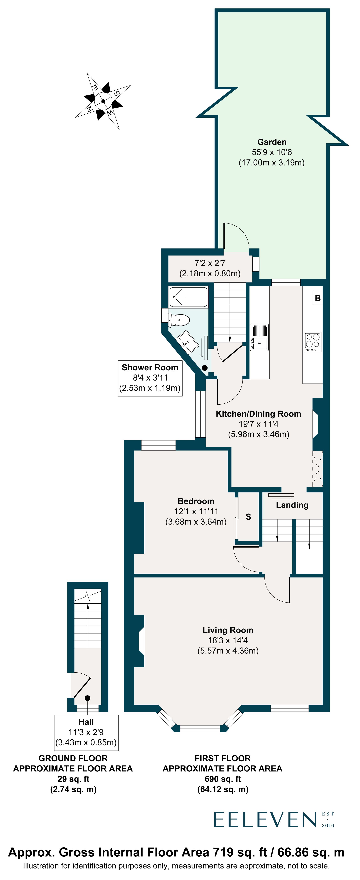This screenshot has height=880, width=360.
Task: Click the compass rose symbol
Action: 103,101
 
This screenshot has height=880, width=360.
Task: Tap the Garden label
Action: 272,142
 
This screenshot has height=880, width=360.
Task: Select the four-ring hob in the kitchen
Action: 312,342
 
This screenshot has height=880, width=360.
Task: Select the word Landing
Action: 292,505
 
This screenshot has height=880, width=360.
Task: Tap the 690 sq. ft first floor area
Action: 223,779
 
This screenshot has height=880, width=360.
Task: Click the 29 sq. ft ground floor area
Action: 73,779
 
